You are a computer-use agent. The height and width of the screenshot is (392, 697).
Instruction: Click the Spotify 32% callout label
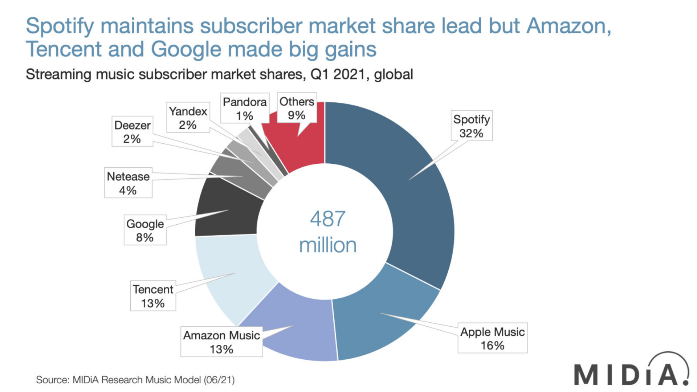[x=471, y=126]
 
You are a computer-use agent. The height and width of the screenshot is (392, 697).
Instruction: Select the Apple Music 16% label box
[x=492, y=338]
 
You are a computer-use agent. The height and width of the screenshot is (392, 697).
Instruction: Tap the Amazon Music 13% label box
[x=221, y=342]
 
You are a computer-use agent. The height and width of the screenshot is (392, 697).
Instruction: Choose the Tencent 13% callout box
[x=153, y=296]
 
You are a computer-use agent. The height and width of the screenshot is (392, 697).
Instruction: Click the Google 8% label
[x=145, y=230]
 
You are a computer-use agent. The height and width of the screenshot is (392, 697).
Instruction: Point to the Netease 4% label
[x=128, y=183]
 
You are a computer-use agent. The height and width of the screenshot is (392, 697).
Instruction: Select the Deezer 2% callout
[x=132, y=131]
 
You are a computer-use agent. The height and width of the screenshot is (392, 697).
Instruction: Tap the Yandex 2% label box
[x=188, y=118]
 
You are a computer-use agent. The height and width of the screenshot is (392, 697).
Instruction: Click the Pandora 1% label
[x=244, y=108]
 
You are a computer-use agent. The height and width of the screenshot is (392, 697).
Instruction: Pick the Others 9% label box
[x=297, y=108]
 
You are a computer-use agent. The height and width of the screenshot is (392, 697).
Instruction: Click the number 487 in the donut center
[x=327, y=219]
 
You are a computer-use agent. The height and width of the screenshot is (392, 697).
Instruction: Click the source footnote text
[x=135, y=380]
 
